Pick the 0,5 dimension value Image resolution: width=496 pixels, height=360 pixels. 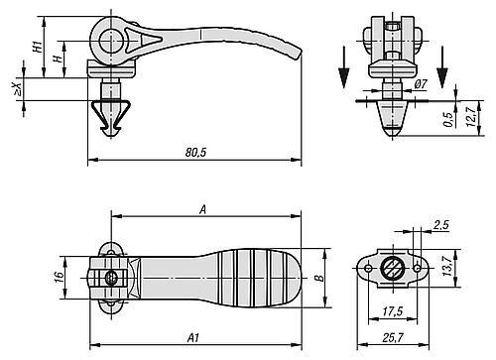(x=447, y=117)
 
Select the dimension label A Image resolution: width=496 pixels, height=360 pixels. (x=202, y=209)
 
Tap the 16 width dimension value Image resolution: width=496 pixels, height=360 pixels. (x=58, y=270)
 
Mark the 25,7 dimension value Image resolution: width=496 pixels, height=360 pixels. (x=394, y=339)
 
